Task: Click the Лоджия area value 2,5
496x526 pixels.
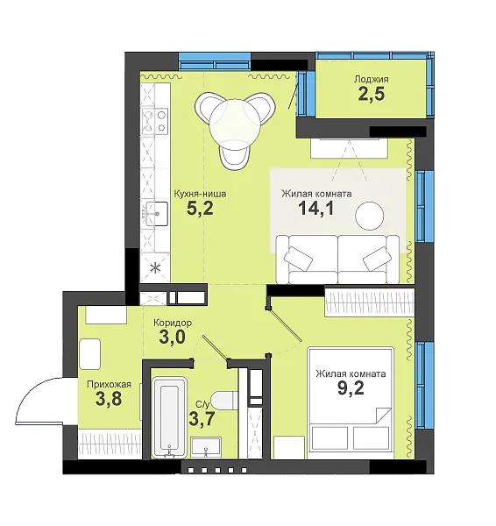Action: coord(372,95)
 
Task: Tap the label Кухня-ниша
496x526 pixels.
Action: coord(200,194)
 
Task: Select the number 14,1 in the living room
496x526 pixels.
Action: coord(316,209)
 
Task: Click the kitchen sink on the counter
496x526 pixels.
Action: coord(157,214)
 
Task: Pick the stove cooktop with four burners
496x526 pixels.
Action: coord(154,121)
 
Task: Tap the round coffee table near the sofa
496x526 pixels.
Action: coord(370,216)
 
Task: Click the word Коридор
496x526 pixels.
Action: coord(173,323)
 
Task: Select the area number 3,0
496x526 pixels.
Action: coord(173,338)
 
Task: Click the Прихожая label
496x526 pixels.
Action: coord(109,385)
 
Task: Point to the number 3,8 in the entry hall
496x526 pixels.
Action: coord(109,399)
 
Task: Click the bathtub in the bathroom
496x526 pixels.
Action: coord(169,417)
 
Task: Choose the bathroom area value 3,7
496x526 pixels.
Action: coord(202,419)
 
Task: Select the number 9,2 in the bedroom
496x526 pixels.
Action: coord(351,388)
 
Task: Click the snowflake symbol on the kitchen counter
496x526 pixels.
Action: coord(155,268)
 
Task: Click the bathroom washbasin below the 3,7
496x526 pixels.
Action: coord(206,447)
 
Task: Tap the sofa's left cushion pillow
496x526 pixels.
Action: coord(298,259)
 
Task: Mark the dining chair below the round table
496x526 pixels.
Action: coord(235,153)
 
